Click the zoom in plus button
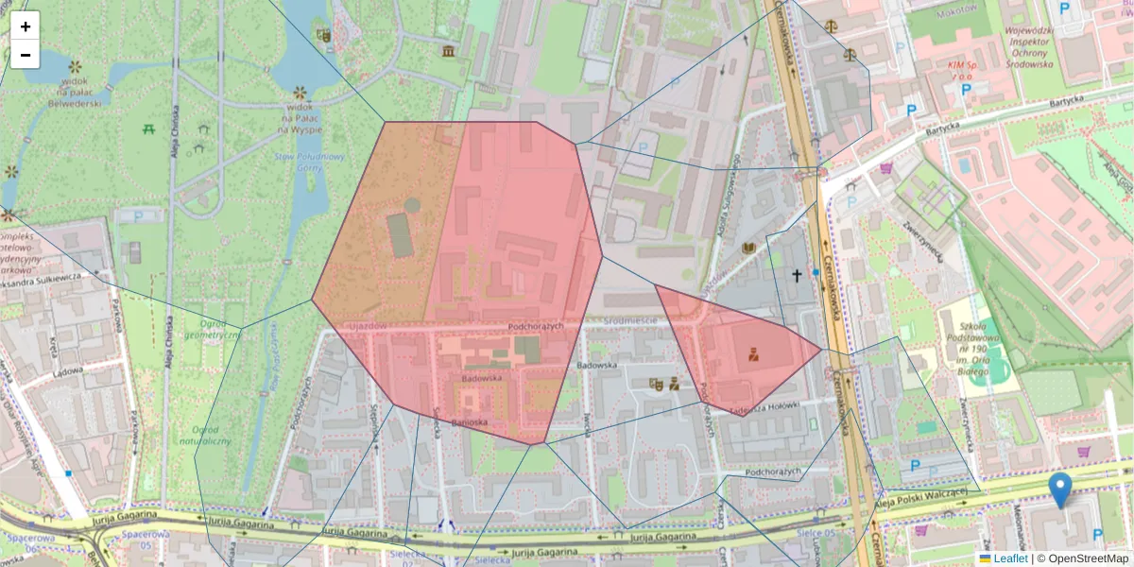point(25,26)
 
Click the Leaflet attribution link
point(1010,558)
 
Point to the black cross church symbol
point(797,276)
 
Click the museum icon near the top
point(448,50)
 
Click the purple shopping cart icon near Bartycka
point(885,169)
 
